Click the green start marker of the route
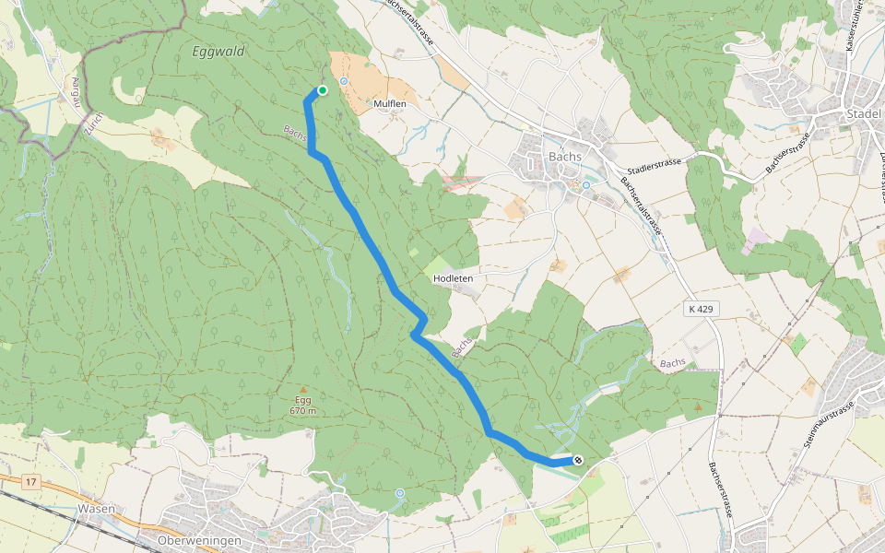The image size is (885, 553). (323, 89)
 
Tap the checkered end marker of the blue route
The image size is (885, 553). (578, 459)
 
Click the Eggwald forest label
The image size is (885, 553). (218, 52)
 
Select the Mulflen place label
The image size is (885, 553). (390, 104)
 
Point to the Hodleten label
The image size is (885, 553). (453, 276)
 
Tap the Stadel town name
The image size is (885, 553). (864, 113)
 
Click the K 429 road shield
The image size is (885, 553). (702, 309)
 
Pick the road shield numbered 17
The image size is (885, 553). (31, 482)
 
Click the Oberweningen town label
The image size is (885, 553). (199, 540)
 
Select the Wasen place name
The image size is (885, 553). (96, 508)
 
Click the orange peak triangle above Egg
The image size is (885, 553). (303, 389)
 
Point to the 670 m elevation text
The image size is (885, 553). (303, 411)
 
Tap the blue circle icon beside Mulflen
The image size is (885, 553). (344, 81)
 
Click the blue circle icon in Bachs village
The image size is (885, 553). (585, 184)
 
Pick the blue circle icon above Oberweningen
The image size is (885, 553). (399, 493)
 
